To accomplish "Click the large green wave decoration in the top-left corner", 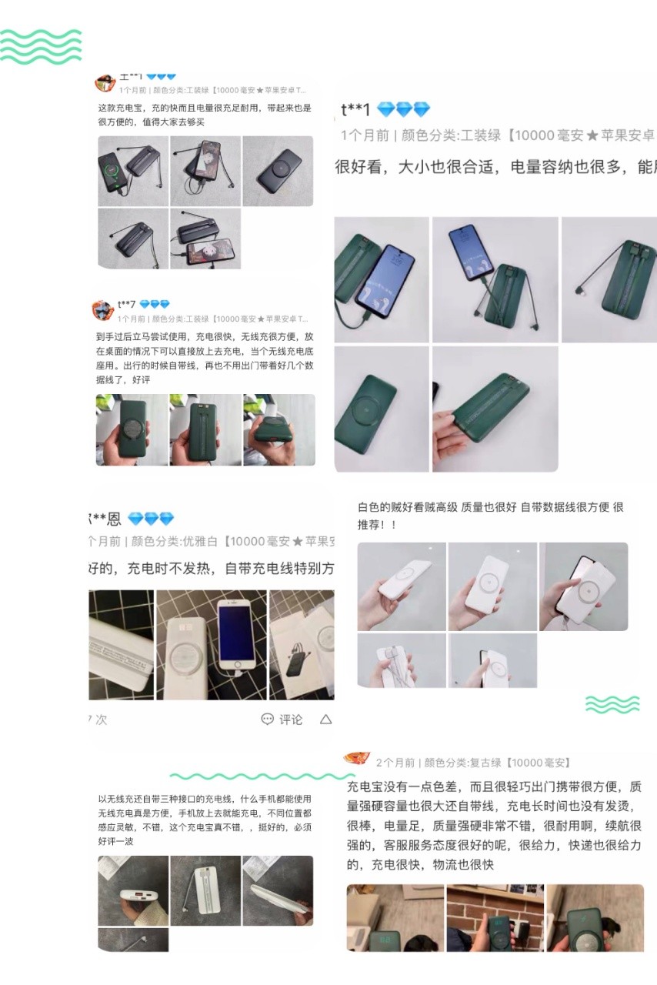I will click(41, 46).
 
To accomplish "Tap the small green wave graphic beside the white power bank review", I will click(612, 703).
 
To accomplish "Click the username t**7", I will click(126, 305).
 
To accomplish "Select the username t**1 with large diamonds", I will click(356, 110).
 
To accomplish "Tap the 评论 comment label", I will click(291, 720).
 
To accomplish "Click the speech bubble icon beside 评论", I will click(267, 720).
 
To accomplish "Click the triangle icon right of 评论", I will click(325, 720).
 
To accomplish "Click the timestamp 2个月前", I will click(395, 763).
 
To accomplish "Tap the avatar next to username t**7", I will click(102, 310).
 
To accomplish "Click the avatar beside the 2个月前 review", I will click(357, 759).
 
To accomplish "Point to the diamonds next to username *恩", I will click(151, 519).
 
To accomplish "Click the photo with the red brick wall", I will click(495, 918).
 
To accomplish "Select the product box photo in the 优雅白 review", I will click(302, 644).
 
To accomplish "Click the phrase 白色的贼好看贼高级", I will click(407, 507).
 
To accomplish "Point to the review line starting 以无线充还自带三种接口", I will click(205, 799).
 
